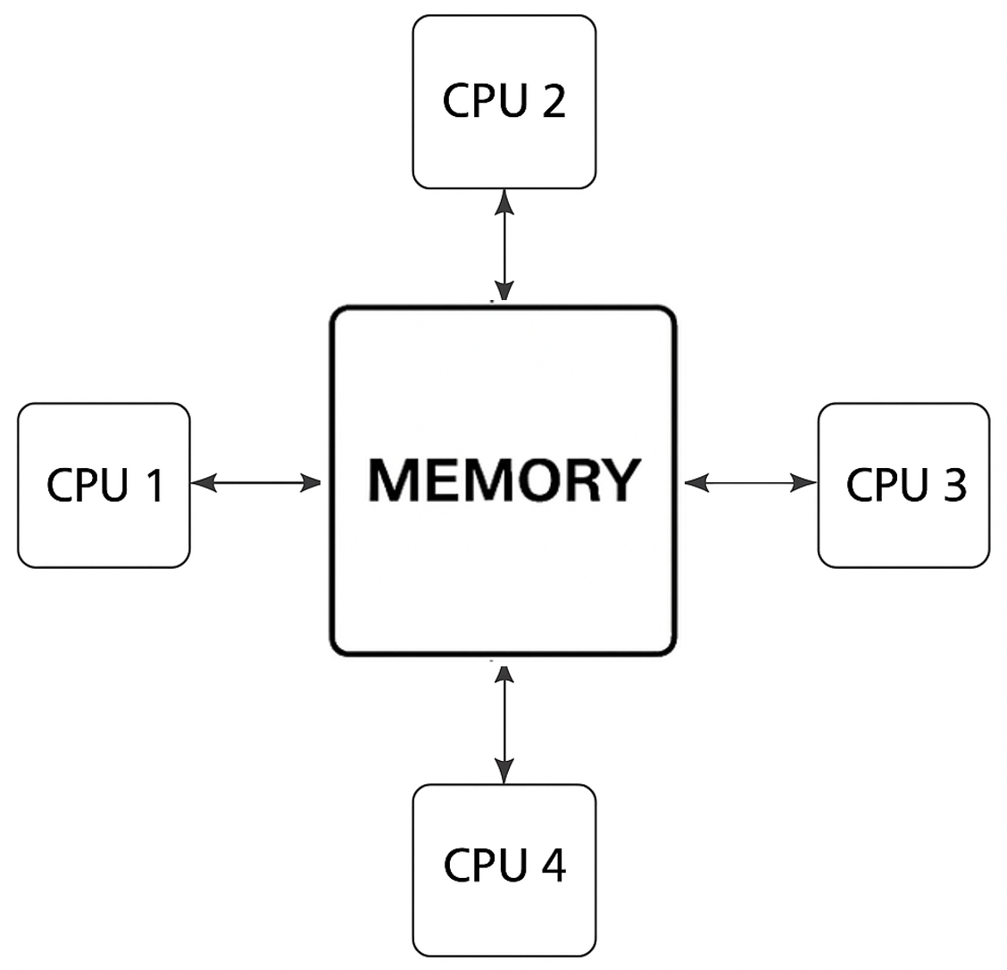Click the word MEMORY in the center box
[503, 480]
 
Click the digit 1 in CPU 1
[154, 486]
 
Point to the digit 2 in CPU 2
[553, 102]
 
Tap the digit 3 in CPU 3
[953, 485]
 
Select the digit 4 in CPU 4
[553, 865]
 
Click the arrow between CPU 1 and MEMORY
[256, 483]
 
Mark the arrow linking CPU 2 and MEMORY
[505, 245]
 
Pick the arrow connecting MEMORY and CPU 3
[751, 483]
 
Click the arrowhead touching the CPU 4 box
[505, 773]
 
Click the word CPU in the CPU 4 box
[483, 865]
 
